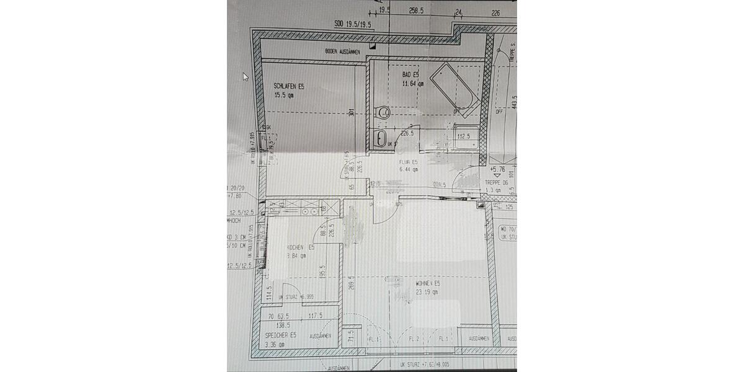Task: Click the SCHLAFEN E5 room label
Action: click(289, 86)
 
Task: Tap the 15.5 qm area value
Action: click(284, 95)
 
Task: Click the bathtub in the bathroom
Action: click(455, 89)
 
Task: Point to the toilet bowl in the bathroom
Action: click(383, 113)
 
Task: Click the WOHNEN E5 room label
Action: click(428, 283)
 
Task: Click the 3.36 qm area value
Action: click(275, 344)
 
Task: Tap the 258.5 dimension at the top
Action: click(417, 11)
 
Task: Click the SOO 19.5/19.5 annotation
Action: click(353, 26)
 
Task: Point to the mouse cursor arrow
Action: click(246, 76)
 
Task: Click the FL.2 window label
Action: click(415, 339)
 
